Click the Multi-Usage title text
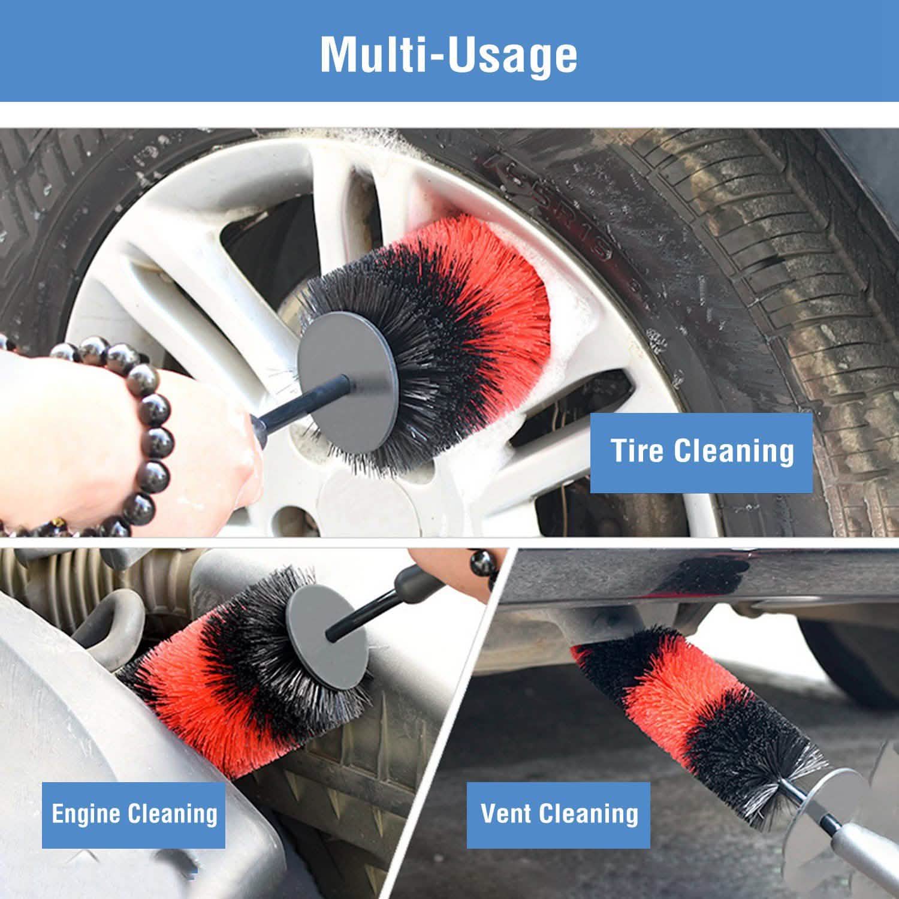point(449,55)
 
